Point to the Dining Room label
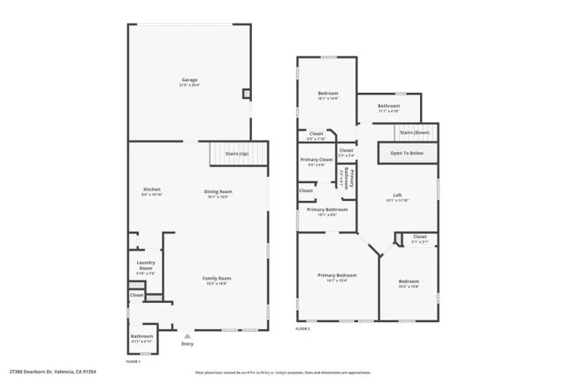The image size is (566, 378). tap(218, 193)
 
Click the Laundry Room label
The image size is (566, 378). tap(146, 266)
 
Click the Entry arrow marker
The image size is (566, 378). tap(187, 336)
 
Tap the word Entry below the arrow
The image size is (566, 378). tap(187, 344)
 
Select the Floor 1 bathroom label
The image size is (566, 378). tap(142, 337)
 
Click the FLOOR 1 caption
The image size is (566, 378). tap(134, 361)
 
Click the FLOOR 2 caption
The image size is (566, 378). tap(303, 329)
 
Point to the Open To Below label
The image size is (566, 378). tap(407, 153)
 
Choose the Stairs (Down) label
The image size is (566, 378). tap(415, 133)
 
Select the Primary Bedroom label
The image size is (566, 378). tap(337, 277)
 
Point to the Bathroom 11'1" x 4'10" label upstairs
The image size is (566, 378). tap(389, 107)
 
